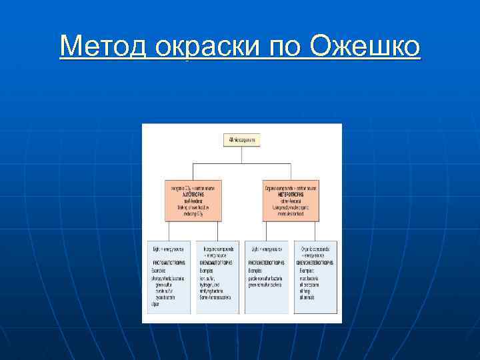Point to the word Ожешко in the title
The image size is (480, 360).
click(365, 47)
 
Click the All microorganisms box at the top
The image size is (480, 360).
click(241, 140)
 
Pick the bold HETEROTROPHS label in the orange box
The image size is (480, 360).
click(291, 194)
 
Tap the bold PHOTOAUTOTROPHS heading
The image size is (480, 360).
click(169, 263)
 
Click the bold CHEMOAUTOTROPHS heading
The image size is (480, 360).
click(217, 263)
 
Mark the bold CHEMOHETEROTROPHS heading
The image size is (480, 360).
click(315, 263)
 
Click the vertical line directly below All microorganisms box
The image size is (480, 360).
click(241, 154)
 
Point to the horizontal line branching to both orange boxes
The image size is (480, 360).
click(241, 163)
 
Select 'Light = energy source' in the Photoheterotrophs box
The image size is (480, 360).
click(264, 248)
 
